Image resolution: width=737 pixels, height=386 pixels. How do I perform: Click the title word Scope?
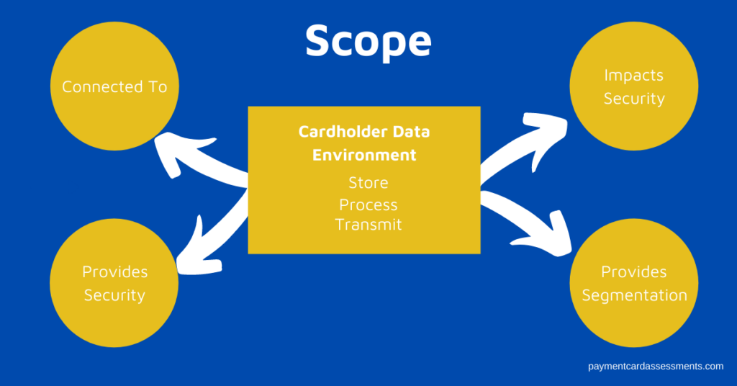(x=368, y=41)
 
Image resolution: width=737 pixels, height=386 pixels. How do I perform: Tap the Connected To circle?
(x=114, y=86)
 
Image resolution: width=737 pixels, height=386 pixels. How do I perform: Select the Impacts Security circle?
(x=633, y=86)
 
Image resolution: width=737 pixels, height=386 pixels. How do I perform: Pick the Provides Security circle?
(x=114, y=282)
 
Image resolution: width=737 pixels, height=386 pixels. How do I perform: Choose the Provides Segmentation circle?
(x=633, y=282)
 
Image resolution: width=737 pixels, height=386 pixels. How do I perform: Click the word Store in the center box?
(x=368, y=182)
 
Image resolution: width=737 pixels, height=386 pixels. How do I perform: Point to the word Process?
(x=368, y=205)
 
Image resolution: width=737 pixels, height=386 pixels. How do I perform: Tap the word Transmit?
(x=368, y=224)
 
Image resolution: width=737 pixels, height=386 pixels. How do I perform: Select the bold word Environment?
(x=364, y=155)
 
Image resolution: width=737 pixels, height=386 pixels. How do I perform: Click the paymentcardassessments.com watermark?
(x=656, y=367)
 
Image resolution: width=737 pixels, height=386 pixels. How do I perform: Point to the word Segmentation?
(x=635, y=295)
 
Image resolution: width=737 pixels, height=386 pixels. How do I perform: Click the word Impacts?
(x=633, y=75)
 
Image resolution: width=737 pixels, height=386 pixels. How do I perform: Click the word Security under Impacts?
(x=634, y=99)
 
